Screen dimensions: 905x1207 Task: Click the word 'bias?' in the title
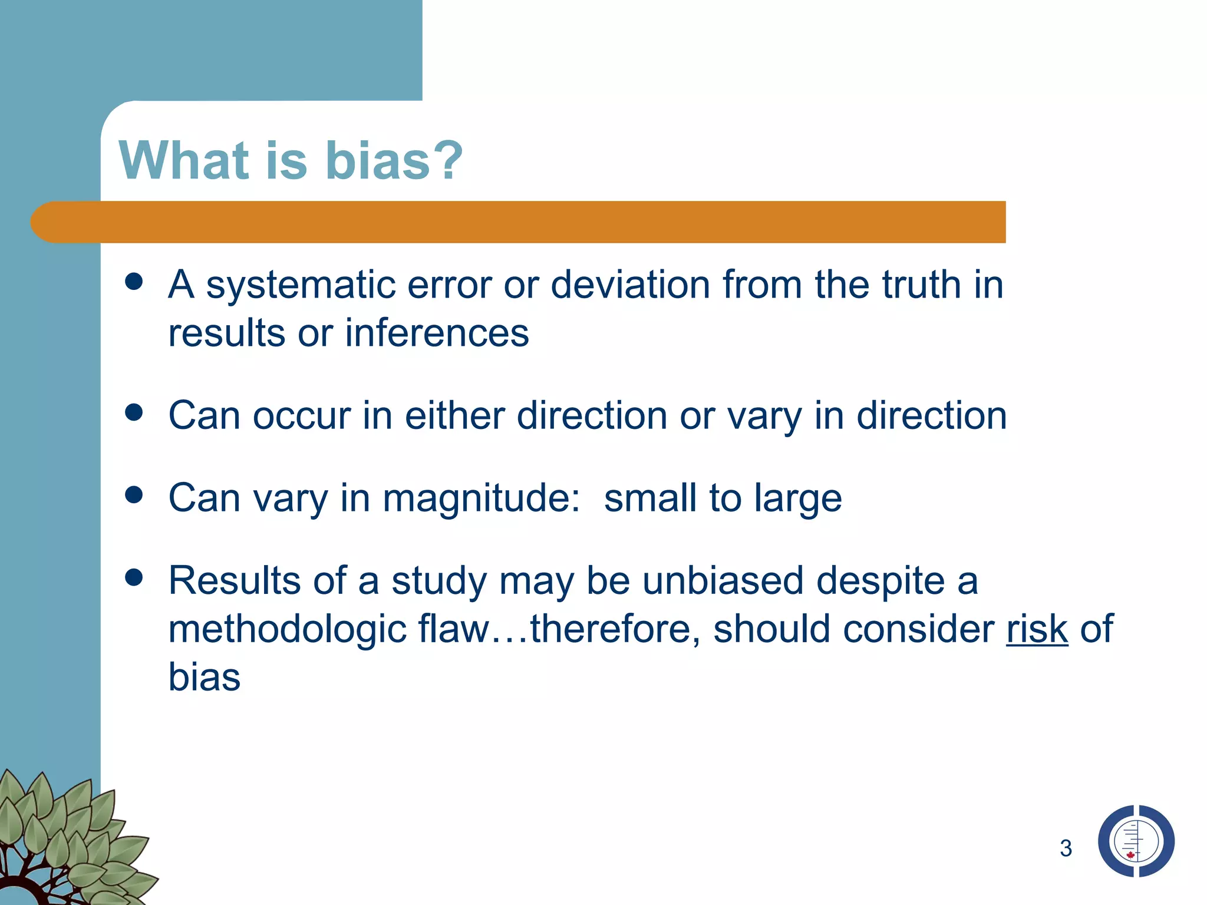click(x=394, y=160)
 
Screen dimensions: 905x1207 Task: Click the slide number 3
click(x=1066, y=848)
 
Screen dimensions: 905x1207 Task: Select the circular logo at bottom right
click(x=1136, y=841)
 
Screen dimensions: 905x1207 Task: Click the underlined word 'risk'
click(x=1037, y=629)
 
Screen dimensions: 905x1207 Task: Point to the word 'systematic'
click(x=301, y=285)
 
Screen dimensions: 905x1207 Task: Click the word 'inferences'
click(x=437, y=333)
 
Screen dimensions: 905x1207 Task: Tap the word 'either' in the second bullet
click(x=454, y=416)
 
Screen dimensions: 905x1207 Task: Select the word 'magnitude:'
click(x=482, y=498)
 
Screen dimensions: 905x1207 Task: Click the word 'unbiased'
click(x=723, y=581)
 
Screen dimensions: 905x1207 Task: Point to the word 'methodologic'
click(x=287, y=629)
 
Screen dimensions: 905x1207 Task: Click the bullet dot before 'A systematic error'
click(x=134, y=282)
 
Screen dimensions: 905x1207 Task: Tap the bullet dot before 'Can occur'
click(x=134, y=412)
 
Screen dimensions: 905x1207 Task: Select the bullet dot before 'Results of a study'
click(x=134, y=577)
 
